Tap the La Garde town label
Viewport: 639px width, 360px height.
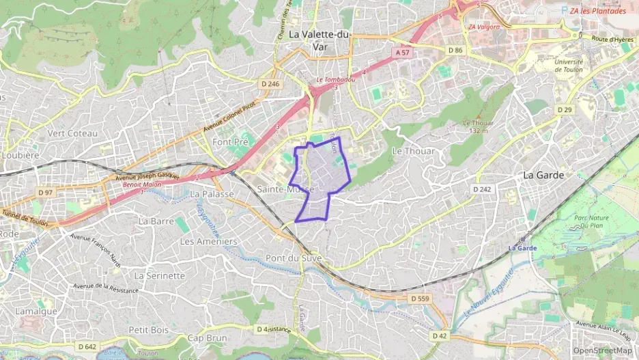click(543, 175)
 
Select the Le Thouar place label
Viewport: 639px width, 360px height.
click(413, 151)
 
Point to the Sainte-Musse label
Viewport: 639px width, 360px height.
click(286, 189)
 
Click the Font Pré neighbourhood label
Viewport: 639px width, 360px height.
click(229, 142)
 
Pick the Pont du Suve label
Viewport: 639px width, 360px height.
click(294, 258)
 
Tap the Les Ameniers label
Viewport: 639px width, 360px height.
click(208, 242)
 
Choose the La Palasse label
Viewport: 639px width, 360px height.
click(212, 195)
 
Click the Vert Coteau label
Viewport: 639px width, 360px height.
click(73, 133)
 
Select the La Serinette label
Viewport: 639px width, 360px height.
click(160, 276)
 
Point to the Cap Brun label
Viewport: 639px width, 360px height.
click(207, 338)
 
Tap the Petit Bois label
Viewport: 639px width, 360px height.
click(148, 329)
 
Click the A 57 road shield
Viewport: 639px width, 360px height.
click(403, 52)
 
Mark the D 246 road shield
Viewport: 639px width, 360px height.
click(270, 84)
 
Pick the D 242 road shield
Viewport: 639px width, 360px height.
click(481, 189)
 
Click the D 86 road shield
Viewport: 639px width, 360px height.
click(455, 50)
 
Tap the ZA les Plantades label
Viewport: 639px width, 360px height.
click(597, 11)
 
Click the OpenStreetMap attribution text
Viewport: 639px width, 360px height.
click(603, 350)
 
